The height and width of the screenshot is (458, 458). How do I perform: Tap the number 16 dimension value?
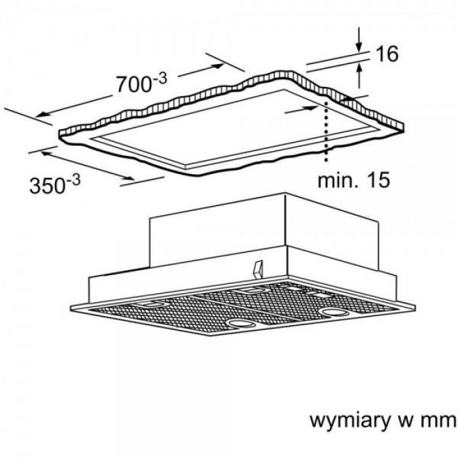tap(387, 54)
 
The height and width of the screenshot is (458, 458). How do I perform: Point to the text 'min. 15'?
tap(353, 179)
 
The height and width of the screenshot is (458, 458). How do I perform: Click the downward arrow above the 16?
tap(359, 40)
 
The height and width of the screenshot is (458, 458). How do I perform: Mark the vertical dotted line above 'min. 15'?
tap(325, 131)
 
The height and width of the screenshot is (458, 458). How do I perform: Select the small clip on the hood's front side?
tap(258, 267)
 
